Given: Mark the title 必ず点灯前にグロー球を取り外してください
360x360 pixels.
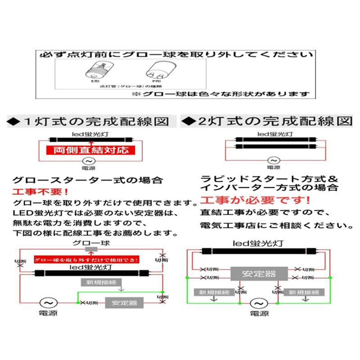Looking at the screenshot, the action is coord(175,55).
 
